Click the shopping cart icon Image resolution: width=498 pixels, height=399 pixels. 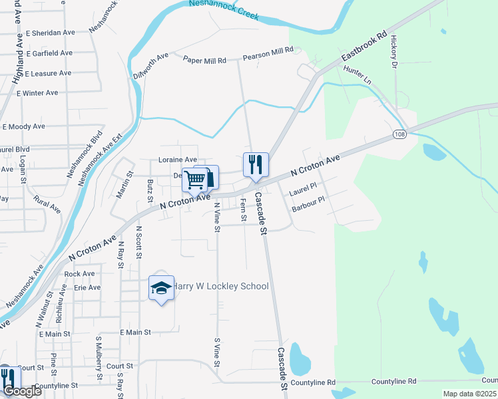(195, 179)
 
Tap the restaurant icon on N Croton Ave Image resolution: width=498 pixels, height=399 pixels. (255, 164)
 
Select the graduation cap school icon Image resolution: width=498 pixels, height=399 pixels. (160, 288)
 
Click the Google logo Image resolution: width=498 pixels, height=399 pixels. (22, 391)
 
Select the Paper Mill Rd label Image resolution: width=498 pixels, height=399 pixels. (204, 59)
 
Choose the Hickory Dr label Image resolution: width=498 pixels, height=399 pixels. (394, 52)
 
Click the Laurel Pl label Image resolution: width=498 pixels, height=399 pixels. (303, 192)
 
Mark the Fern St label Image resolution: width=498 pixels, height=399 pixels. (243, 209)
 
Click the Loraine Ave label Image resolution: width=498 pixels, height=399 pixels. (177, 160)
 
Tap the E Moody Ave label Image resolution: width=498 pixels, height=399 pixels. (24, 126)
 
